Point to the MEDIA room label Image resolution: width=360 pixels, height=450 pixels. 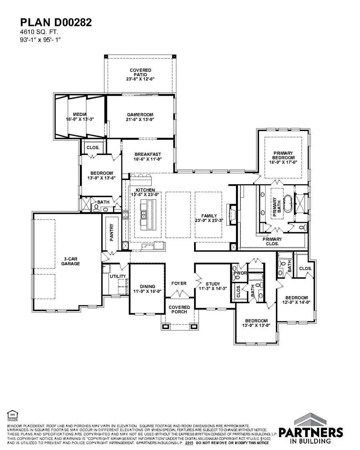point(80,116)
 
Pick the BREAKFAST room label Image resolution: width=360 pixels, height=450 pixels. point(148,156)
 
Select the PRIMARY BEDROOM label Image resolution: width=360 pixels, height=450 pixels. point(283,157)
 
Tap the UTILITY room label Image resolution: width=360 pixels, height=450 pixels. point(118,276)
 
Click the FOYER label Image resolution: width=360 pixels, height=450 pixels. point(179,283)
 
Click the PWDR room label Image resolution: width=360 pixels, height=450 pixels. point(238,274)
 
